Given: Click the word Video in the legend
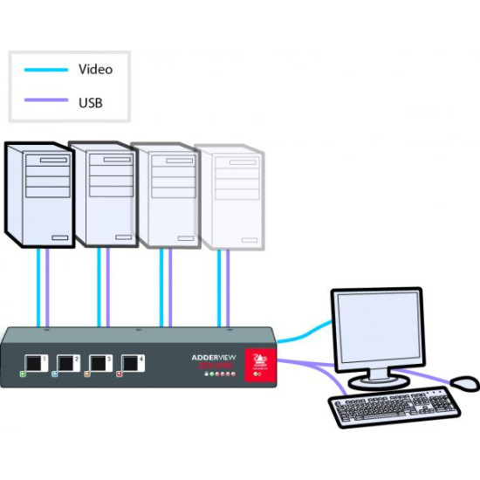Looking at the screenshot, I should point(96,68).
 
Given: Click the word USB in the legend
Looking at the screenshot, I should point(91,103).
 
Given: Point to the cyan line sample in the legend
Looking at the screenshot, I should point(45,69).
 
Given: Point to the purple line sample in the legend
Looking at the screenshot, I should point(45,103).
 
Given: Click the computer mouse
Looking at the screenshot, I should point(464,383).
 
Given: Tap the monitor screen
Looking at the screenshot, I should point(377,326).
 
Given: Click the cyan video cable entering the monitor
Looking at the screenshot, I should point(310,333).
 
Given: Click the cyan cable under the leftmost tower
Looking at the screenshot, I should point(38,288).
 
